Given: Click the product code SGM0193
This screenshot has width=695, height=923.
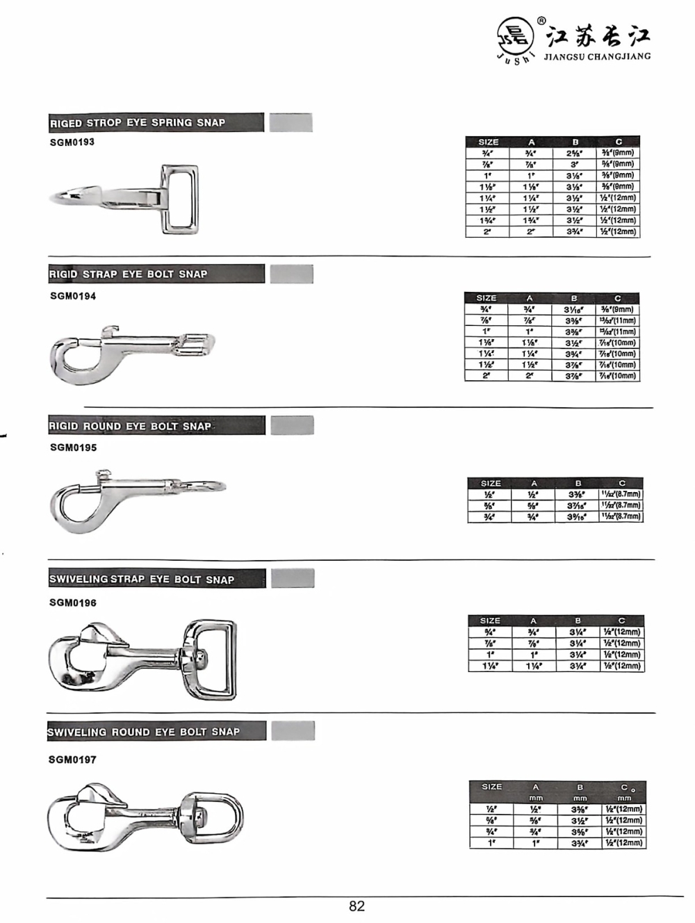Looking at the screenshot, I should [72, 142].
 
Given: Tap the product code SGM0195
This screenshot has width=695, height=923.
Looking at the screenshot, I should [73, 448].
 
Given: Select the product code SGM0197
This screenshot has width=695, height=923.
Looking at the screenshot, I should [72, 760].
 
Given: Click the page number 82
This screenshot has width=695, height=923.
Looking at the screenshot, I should [357, 906].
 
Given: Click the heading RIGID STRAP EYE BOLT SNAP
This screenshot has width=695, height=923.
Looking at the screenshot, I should [128, 274].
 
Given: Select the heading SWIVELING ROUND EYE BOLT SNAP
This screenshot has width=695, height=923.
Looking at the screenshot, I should [143, 732].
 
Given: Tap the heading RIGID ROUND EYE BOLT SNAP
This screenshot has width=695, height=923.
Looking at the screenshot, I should [130, 426].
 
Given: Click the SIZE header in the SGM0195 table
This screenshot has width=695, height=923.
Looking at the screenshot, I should [491, 483].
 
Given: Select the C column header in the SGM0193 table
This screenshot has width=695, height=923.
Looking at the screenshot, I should [618, 142].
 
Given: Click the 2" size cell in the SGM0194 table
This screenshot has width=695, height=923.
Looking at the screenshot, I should [486, 376].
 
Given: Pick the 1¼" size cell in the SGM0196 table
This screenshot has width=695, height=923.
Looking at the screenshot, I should [490, 666].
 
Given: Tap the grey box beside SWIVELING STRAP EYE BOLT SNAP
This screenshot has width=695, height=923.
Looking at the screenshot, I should [293, 578].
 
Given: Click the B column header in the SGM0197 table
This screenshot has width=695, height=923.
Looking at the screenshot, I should [580, 787].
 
